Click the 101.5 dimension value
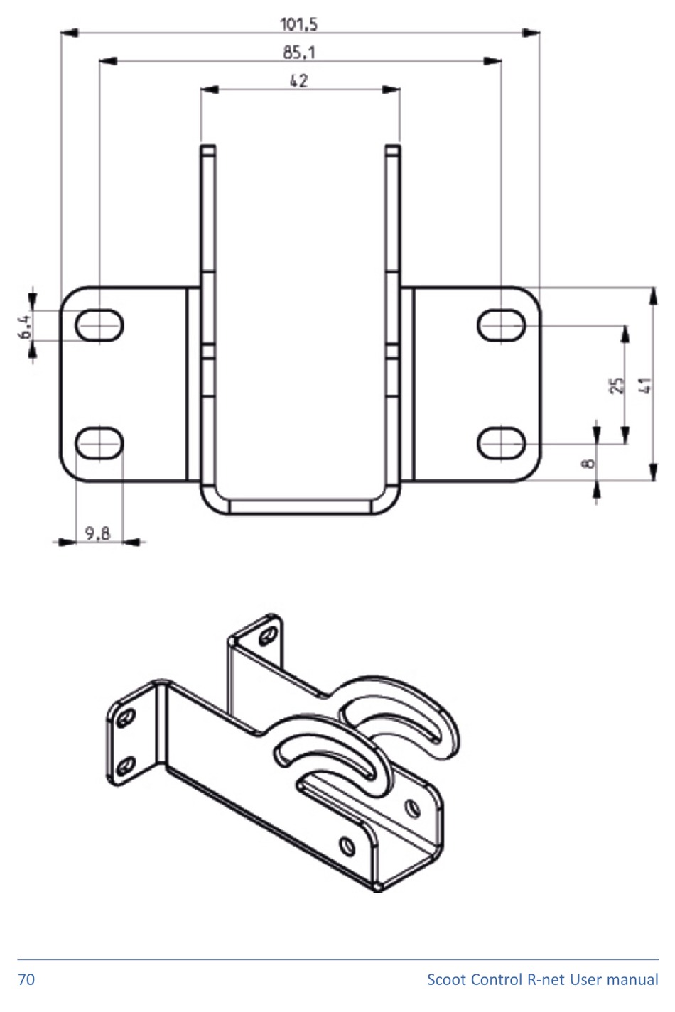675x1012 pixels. tap(299, 24)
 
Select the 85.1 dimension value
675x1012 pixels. tap(299, 53)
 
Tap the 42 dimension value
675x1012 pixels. tap(299, 81)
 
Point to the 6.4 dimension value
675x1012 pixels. tap(26, 326)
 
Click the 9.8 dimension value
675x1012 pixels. tap(98, 533)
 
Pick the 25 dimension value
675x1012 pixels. tap(617, 385)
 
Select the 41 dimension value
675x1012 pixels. tap(644, 385)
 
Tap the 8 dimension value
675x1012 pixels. tap(588, 463)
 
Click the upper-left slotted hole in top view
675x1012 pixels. tap(99, 326)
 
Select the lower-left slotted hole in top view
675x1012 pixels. tap(99, 443)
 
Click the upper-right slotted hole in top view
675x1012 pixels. tap(501, 326)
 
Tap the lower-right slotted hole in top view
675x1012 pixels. tap(501, 443)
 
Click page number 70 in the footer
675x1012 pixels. tap(26, 980)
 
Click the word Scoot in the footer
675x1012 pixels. tap(446, 980)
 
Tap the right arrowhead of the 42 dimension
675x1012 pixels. tap(391, 90)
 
